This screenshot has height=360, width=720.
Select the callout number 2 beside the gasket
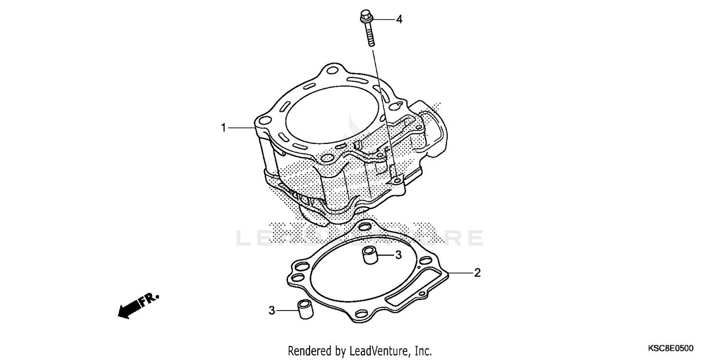click(x=477, y=273)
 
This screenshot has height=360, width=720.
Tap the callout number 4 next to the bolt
click(x=399, y=20)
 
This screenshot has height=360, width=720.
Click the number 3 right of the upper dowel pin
click(x=398, y=255)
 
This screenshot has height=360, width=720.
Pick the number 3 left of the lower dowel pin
click(x=272, y=311)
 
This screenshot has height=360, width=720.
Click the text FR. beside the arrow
click(x=149, y=300)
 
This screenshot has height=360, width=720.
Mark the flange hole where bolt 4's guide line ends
click(x=396, y=180)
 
